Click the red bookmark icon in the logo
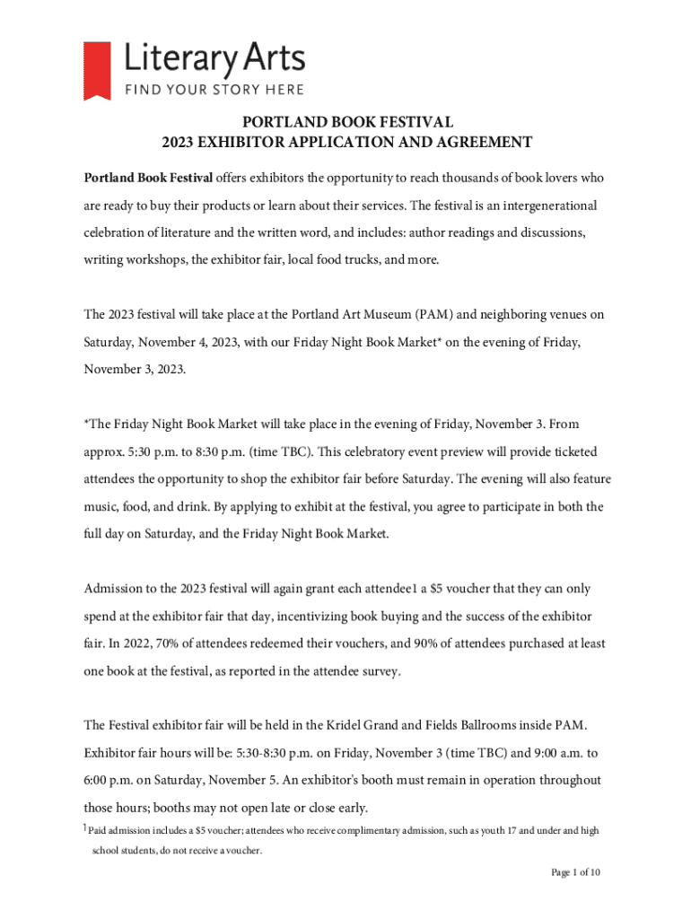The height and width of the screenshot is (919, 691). (x=97, y=70)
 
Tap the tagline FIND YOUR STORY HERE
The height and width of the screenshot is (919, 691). (x=214, y=89)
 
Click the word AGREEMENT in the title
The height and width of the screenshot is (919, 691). (x=485, y=142)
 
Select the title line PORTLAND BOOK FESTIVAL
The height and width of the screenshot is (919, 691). (x=345, y=122)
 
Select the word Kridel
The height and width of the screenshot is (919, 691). (x=372, y=724)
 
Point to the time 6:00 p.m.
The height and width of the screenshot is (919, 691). (x=108, y=780)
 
